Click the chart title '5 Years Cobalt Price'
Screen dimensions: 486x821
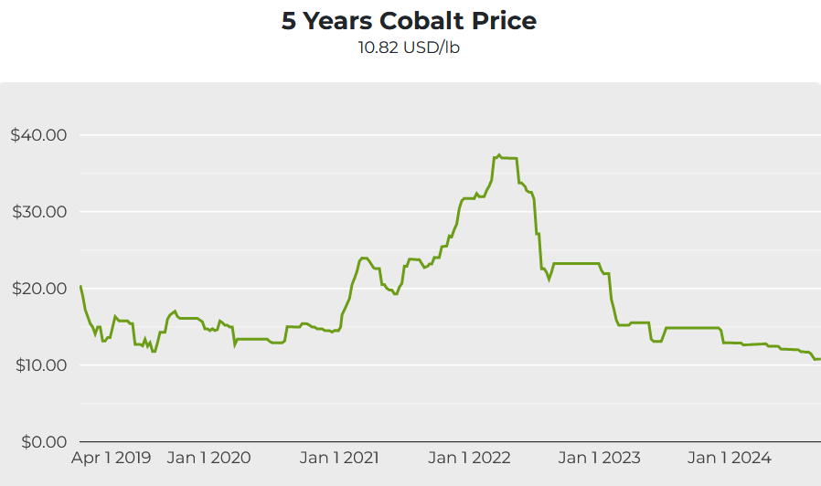(409, 21)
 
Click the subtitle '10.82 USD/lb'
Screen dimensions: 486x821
(409, 48)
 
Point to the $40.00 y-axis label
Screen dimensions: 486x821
(38, 135)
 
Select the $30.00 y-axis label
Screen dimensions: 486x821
(38, 212)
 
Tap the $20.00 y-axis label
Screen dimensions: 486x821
(38, 289)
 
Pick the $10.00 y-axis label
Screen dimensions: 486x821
(38, 365)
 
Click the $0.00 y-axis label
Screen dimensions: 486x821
(42, 442)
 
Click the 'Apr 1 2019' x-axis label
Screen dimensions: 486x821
(112, 458)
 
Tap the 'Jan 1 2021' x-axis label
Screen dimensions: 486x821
(338, 458)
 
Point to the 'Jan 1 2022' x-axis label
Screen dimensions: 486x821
(469, 458)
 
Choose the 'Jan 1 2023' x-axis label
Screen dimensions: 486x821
(600, 458)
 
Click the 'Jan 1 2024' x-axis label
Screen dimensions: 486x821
(730, 458)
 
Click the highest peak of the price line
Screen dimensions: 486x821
(498, 155)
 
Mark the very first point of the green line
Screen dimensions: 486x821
(80, 286)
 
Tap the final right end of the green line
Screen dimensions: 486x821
(819, 359)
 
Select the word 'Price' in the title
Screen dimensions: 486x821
(504, 21)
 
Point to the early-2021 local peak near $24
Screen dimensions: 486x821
(364, 258)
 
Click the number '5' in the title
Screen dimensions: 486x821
(288, 21)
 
